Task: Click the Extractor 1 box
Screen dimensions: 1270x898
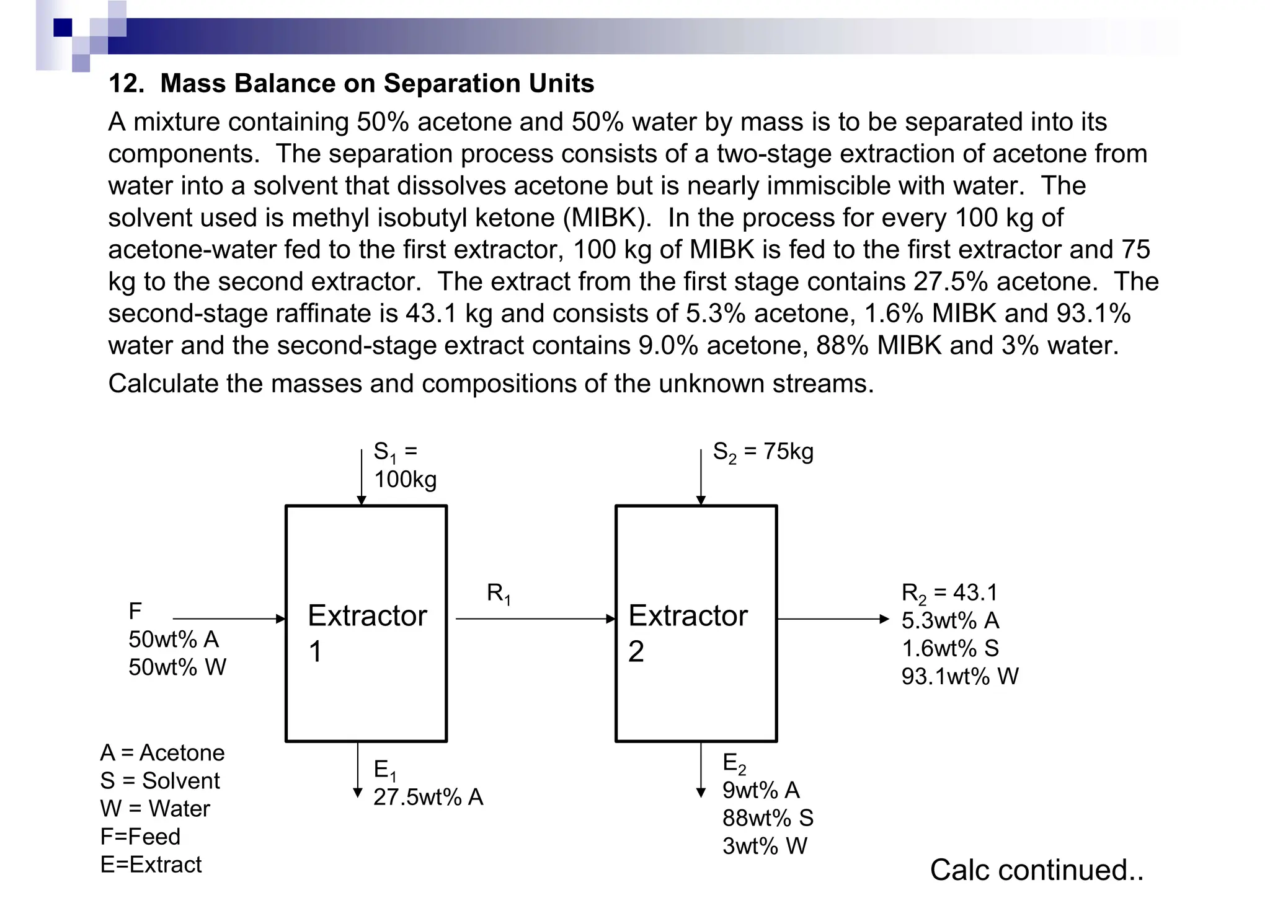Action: pos(366,623)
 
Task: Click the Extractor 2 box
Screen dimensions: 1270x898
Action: pos(696,623)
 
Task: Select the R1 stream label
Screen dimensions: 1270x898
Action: pos(499,594)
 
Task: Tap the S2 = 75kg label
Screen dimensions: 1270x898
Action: pos(763,452)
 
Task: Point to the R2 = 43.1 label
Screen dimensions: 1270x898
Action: pos(949,593)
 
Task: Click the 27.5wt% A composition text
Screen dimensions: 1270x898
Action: pos(428,797)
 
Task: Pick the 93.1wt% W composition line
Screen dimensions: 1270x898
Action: pos(959,676)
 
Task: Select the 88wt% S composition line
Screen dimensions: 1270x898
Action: pos(768,818)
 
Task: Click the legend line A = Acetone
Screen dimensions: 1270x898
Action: pos(162,752)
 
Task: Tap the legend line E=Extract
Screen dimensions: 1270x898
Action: pos(151,865)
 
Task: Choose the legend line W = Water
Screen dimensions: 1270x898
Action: pos(155,809)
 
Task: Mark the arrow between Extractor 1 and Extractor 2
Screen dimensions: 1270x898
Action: pos(535,618)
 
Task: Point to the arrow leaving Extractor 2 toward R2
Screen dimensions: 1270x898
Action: pos(832,618)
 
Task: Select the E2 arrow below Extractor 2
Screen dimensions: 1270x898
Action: pos(701,768)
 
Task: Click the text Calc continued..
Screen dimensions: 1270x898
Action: pos(1036,869)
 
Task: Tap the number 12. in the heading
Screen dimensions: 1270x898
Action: pos(127,84)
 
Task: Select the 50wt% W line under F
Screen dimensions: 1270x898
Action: pos(177,667)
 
